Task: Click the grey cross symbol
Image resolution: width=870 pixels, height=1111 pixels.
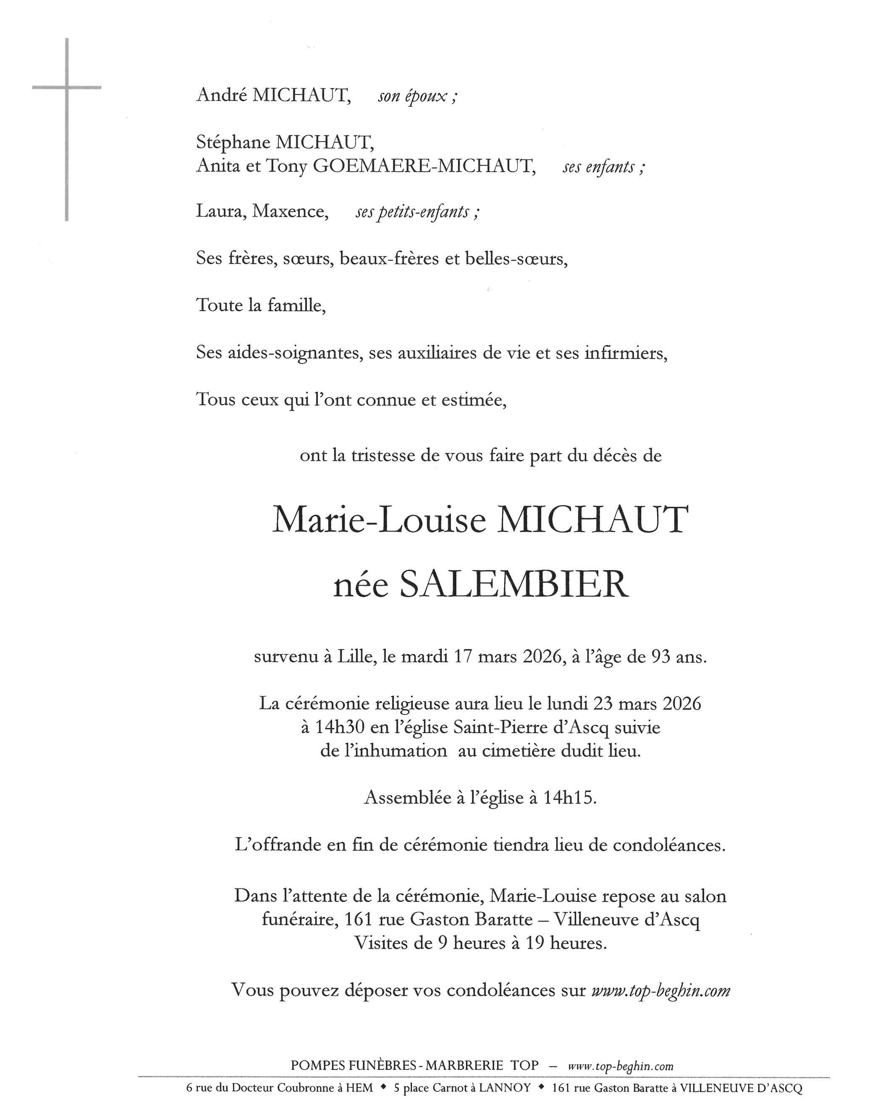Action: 67,88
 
